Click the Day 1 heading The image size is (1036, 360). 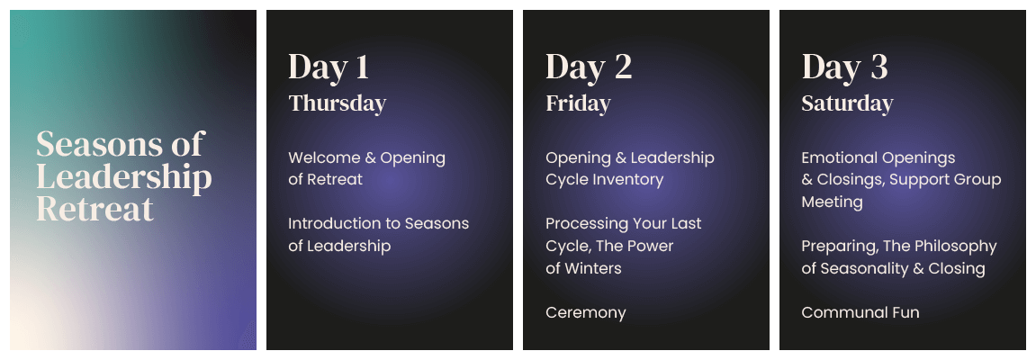point(329,67)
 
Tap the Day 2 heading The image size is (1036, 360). point(589,67)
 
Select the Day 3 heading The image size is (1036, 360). point(844,67)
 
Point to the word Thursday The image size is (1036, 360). point(337,103)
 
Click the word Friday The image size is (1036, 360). point(578,103)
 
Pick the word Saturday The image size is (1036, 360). point(847,103)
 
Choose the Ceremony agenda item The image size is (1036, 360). point(585,313)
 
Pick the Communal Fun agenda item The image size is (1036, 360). point(860,312)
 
